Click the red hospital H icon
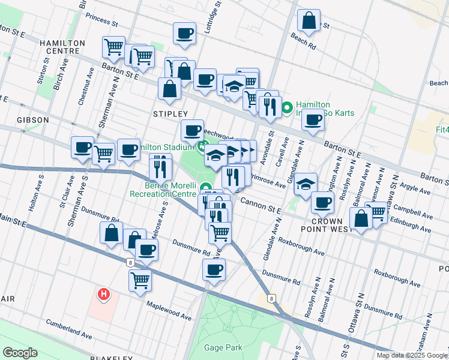[104, 294]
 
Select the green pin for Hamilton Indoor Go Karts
[287, 108]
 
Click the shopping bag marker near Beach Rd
[309, 21]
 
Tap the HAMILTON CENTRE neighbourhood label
[59, 47]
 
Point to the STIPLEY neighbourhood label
[170, 114]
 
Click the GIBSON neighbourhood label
[33, 120]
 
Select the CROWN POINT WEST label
[327, 226]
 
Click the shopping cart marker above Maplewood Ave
[140, 280]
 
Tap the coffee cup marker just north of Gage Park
[214, 269]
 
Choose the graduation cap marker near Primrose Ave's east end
[306, 182]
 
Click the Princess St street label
[101, 20]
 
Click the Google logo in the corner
[20, 353]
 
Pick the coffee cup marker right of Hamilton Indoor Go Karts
[312, 120]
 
